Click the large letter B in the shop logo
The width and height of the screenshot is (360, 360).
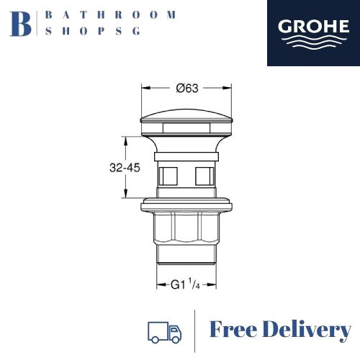(22, 22)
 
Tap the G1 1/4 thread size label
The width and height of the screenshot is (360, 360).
(187, 284)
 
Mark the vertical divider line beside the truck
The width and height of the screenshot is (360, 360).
(195, 331)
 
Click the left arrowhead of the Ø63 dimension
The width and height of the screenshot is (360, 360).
(143, 89)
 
